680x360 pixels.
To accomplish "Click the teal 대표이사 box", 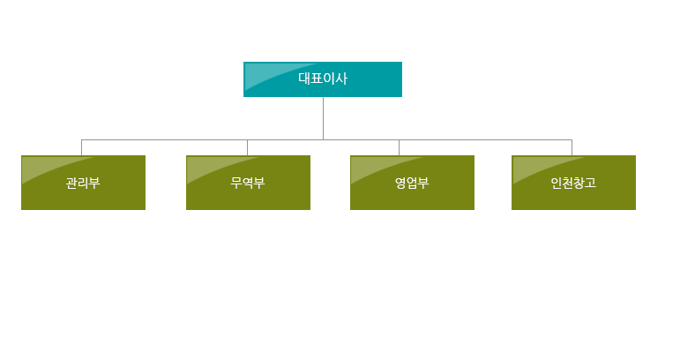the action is pos(323,79).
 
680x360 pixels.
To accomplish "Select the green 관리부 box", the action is pos(83,183).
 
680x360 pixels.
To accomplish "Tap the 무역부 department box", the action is pos(248,183).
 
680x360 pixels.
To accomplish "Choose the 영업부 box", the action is pos(412,183).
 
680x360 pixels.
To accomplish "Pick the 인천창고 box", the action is pos(574,183).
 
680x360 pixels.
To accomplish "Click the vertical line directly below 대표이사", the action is pos(323,118).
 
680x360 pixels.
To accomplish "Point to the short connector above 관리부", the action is pos(81,147).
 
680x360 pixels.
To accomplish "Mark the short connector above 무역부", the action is pos(247,147).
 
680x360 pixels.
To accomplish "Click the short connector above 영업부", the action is pos(399,147).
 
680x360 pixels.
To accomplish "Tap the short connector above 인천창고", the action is pos(572,147).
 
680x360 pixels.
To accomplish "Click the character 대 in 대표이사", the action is pos(304,79).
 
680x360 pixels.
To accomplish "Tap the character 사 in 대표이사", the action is pos(341,79).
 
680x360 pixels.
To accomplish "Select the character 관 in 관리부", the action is pos(71,183).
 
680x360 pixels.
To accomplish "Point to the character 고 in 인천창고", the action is pos(591,183).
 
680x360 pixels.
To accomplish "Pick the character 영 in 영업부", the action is pos(400,183).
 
